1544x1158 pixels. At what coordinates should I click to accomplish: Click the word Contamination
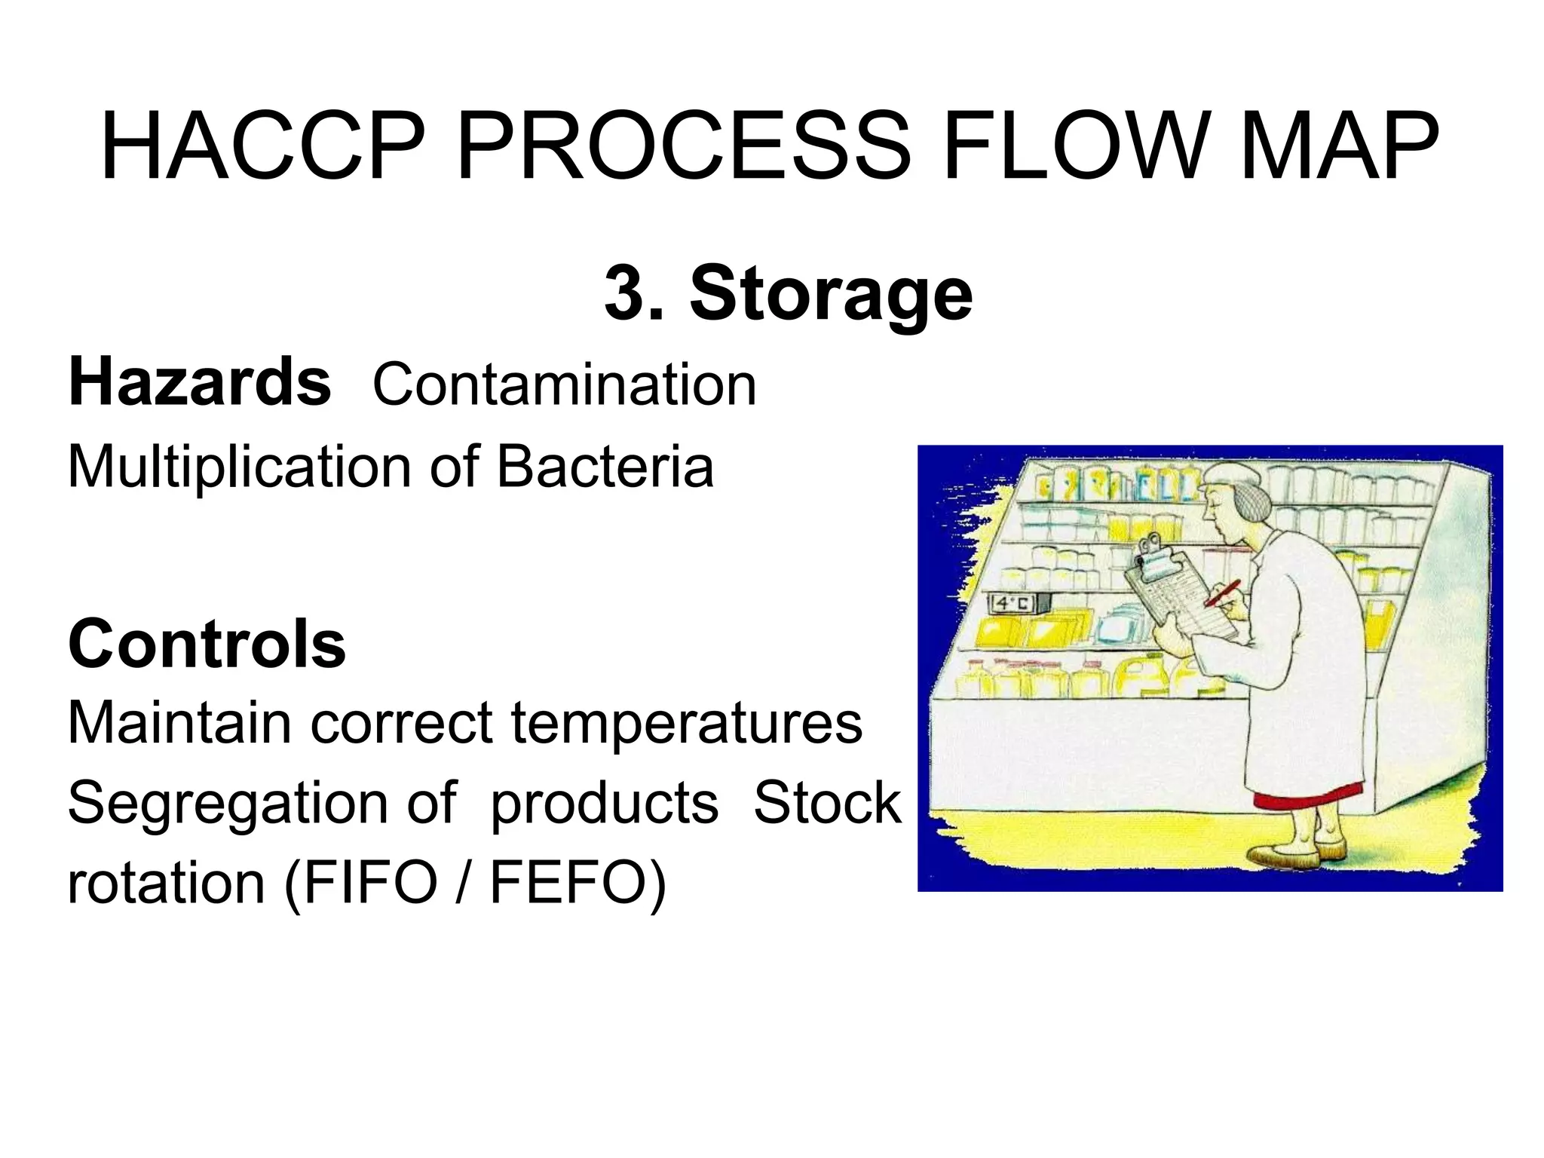[564, 385]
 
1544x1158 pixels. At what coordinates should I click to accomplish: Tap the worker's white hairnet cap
[1236, 482]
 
